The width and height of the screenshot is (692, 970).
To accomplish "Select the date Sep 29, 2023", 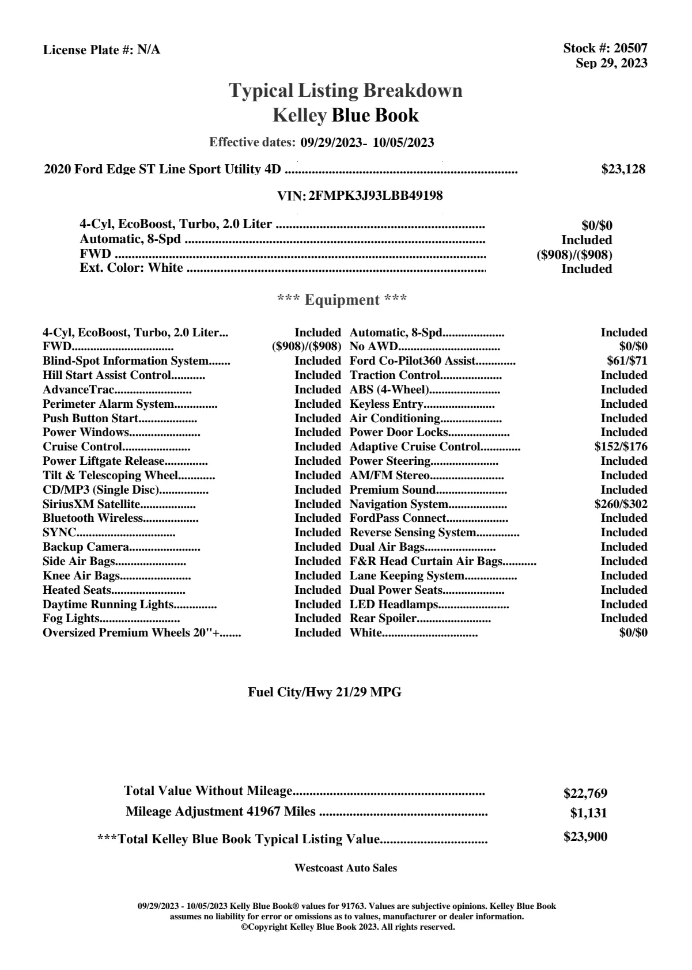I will (611, 63).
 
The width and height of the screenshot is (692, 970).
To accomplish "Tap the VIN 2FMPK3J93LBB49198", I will (376, 196).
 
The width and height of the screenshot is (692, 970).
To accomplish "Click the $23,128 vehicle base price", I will (623, 169).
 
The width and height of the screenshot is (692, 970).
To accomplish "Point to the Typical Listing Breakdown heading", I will (346, 90).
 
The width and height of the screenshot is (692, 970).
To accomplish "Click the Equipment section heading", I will (342, 300).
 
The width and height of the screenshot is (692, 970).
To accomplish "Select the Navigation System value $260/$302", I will (621, 504).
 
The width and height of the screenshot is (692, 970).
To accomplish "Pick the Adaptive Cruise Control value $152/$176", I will (621, 446).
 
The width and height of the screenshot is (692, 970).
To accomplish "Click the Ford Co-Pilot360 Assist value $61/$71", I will (627, 361).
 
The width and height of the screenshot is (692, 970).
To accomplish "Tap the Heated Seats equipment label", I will (77, 590).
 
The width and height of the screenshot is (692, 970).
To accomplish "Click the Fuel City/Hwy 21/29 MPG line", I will (324, 692).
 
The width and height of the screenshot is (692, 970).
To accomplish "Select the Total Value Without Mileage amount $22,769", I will (585, 794).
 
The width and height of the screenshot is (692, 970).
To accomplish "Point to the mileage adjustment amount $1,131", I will (588, 813).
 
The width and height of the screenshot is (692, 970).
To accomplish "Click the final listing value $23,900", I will (585, 837).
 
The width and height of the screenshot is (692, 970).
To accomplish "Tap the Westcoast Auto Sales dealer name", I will (345, 868).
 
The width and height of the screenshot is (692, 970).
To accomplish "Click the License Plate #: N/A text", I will (101, 50).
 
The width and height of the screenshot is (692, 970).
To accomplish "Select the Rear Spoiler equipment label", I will (383, 618).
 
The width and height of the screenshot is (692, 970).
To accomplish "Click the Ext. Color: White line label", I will (131, 268).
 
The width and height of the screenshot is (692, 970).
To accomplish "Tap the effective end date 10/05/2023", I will (403, 142).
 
